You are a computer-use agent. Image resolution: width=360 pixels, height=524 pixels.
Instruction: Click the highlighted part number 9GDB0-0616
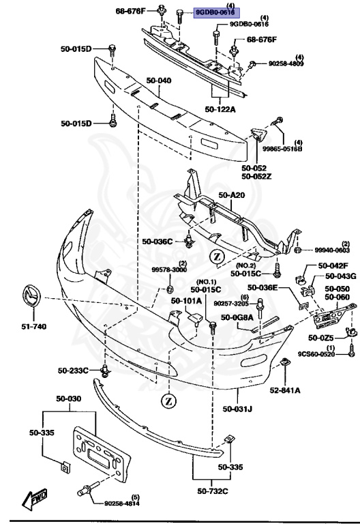tap(215, 12)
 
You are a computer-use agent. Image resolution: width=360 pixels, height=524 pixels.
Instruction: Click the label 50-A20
tap(231, 195)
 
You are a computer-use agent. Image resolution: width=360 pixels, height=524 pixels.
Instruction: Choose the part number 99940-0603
tap(332, 250)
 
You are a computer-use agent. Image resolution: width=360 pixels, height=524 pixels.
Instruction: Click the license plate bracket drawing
tap(102, 452)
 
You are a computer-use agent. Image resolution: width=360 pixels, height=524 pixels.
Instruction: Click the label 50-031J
tap(237, 409)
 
